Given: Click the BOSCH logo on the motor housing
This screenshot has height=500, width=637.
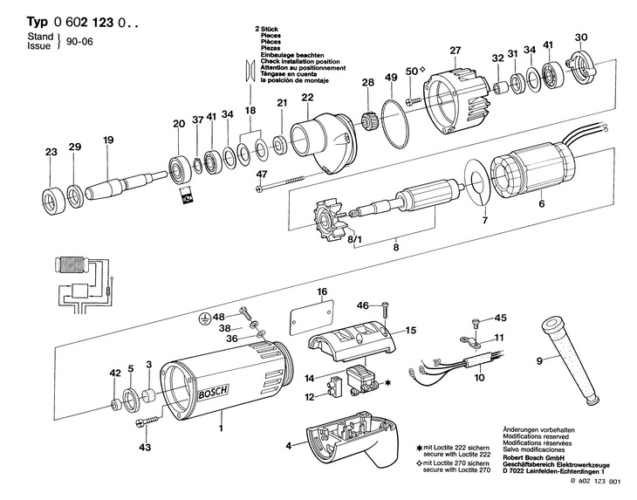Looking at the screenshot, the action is pyautogui.click(x=213, y=392).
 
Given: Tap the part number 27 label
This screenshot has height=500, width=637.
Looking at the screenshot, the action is pyautogui.click(x=455, y=51).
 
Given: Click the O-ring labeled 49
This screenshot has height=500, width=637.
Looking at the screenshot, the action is pyautogui.click(x=395, y=124).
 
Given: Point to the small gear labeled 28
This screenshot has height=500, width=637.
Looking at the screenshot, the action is pyautogui.click(x=367, y=120).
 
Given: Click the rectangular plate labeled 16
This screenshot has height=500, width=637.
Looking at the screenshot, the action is pyautogui.click(x=312, y=318).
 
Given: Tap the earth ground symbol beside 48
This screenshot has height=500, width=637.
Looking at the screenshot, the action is pyautogui.click(x=206, y=318).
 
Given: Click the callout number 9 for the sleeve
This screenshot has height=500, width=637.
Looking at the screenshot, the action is pyautogui.click(x=539, y=360).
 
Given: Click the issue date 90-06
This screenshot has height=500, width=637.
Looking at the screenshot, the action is pyautogui.click(x=79, y=42).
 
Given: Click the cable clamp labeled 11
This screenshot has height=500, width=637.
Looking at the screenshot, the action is pyautogui.click(x=470, y=341).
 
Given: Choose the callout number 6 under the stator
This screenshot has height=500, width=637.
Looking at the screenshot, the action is pyautogui.click(x=541, y=203).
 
